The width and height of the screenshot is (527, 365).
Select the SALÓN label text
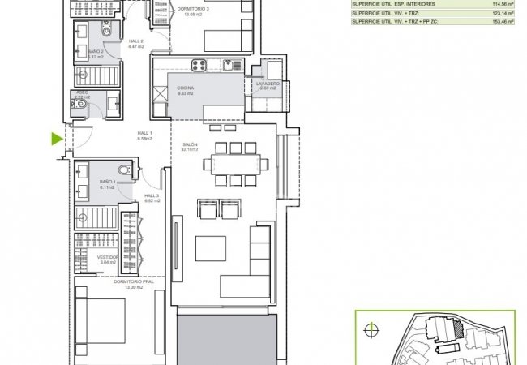(190, 144)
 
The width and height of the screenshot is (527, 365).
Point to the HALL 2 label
(136, 41)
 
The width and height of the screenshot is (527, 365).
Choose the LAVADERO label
(268, 84)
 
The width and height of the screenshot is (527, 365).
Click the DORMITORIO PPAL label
(127, 282)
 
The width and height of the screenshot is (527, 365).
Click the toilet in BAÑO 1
(123, 171)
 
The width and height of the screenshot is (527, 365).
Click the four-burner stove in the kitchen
(199, 65)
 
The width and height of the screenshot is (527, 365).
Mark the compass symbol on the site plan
(372, 329)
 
